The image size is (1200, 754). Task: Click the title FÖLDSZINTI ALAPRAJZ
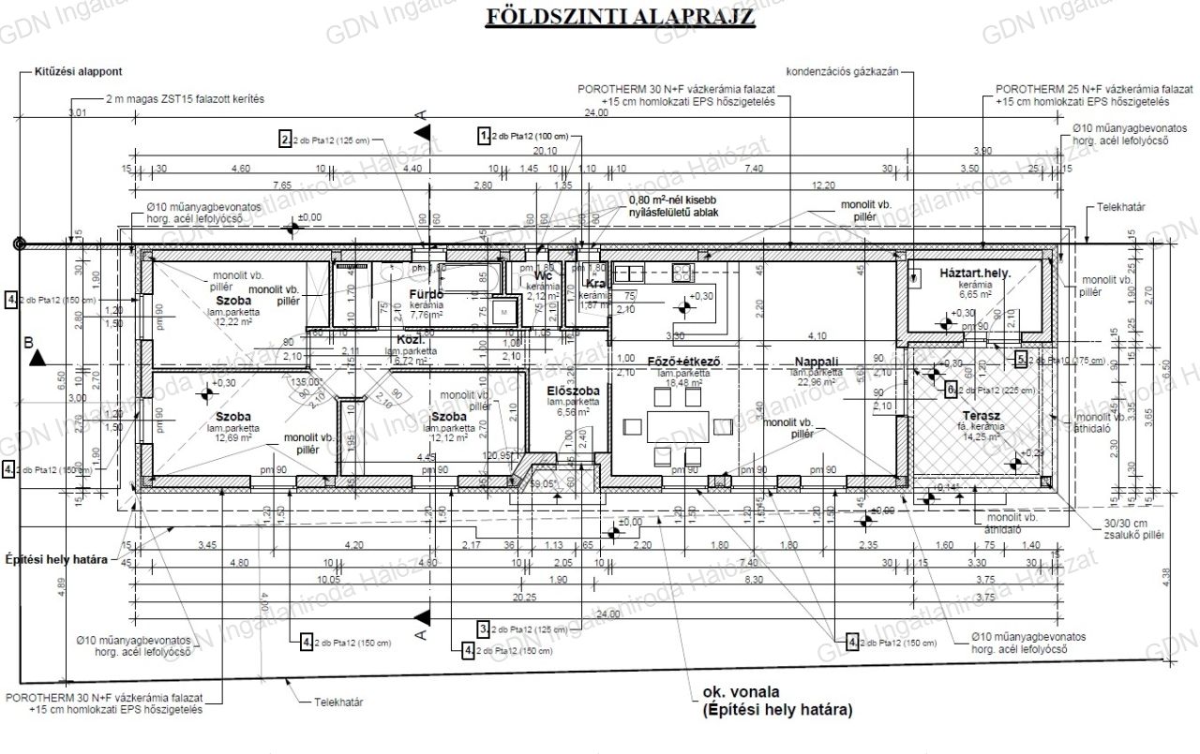[x=622, y=17]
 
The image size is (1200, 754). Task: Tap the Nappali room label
[x=816, y=361]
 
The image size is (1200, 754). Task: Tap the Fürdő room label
[x=425, y=294]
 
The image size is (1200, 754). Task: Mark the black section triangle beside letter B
[x=37, y=358]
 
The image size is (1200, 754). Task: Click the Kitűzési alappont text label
[x=78, y=71]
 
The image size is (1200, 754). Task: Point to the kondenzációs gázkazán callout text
[x=843, y=71]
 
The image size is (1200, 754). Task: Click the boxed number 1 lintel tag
[x=485, y=135]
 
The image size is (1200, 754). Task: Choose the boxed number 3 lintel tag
[x=483, y=628]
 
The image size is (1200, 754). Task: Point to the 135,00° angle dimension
[x=305, y=382]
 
